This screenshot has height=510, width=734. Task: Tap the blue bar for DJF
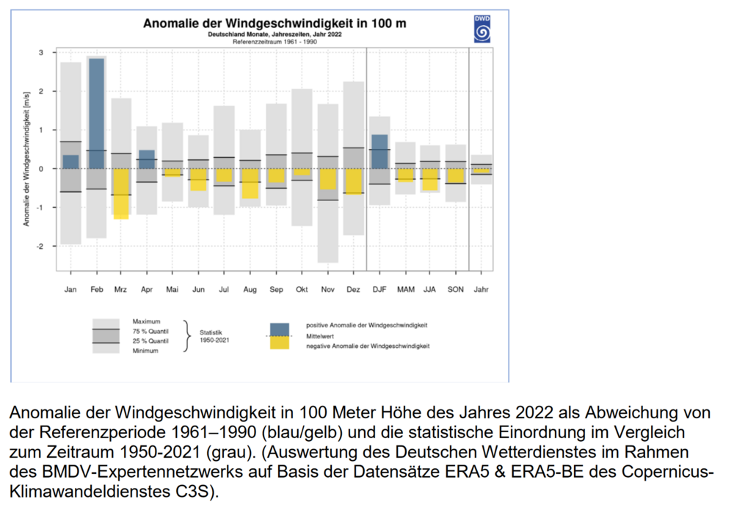(x=379, y=151)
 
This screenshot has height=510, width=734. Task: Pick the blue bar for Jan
(x=70, y=161)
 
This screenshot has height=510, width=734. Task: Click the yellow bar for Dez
(x=353, y=181)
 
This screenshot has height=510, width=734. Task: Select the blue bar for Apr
(x=147, y=159)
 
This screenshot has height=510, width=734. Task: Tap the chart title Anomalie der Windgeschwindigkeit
(x=275, y=23)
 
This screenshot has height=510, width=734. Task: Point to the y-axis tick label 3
(x=42, y=53)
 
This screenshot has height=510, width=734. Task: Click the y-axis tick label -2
(x=41, y=247)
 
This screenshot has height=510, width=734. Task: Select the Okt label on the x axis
(x=302, y=290)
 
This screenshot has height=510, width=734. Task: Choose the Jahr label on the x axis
(x=481, y=290)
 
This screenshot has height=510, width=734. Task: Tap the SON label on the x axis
(x=456, y=290)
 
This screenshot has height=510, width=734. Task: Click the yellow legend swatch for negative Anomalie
(x=280, y=343)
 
